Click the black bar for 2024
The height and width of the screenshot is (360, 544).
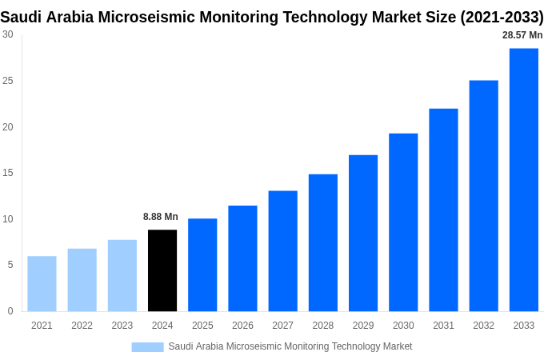pos(162,270)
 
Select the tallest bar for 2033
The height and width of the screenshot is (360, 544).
pos(524,180)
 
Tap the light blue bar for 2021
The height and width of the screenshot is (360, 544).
pos(42,284)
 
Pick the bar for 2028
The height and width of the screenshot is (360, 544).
pos(323,242)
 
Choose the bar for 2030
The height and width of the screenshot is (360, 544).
pos(403,222)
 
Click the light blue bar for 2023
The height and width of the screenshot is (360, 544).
pos(122,275)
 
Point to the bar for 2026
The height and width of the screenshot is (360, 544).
pos(242,258)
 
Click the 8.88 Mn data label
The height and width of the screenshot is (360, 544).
pos(161,217)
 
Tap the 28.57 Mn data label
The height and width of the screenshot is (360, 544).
pos(522,35)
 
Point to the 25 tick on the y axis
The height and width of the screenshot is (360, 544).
pos(8,81)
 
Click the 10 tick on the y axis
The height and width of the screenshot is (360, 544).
pos(8,219)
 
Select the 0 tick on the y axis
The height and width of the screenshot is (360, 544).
pos(10,311)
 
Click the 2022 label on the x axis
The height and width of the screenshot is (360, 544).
pos(82,326)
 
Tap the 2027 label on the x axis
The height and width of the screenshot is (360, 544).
pos(282,326)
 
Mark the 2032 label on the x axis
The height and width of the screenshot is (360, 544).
pos(483,326)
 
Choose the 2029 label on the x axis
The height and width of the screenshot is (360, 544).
pos(363,326)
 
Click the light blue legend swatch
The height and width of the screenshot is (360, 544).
pos(147,347)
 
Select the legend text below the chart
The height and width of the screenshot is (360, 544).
pos(290,346)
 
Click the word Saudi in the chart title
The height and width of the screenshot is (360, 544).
pos(21,17)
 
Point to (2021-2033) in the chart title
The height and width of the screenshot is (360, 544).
pos(502,17)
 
